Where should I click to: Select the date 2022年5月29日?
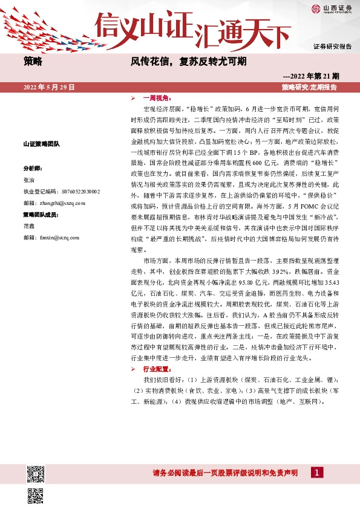point(49,87)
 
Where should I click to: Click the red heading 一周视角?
point(157,97)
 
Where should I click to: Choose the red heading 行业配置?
point(157,368)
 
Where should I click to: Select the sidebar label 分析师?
point(32,168)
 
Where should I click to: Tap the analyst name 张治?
point(29,180)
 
